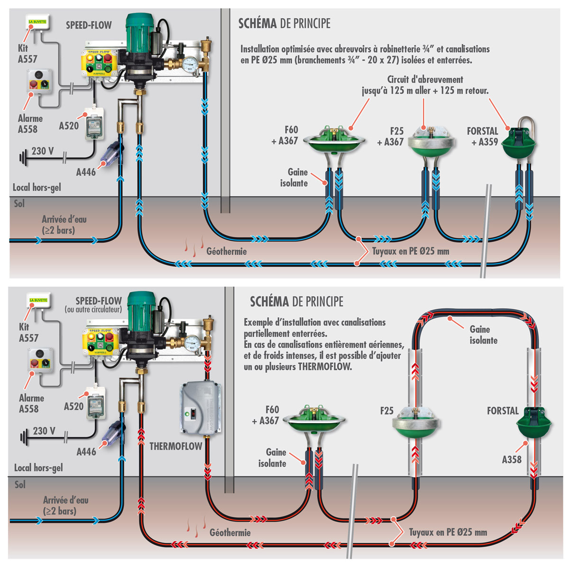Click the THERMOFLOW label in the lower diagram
point(176,446)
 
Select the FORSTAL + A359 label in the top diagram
point(483,136)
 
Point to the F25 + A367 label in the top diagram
point(390,136)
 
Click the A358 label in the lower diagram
point(512,459)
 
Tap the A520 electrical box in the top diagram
point(94,124)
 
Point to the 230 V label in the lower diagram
point(44,431)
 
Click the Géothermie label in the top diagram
point(226,251)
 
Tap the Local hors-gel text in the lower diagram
point(38,468)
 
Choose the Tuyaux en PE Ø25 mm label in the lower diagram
point(448,532)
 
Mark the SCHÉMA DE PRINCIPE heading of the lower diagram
point(296,302)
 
